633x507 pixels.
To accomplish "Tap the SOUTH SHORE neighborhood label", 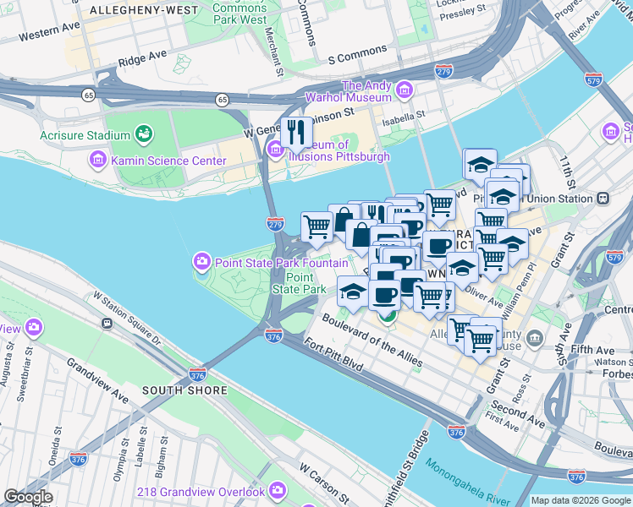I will click(x=184, y=390).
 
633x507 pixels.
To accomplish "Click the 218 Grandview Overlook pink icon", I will click(x=278, y=491).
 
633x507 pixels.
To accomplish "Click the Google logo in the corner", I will click(x=28, y=497).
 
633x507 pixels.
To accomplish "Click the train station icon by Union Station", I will click(x=603, y=199).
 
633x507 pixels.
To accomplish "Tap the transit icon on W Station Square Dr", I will click(x=107, y=323).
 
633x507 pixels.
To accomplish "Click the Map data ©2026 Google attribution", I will click(x=580, y=500).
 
